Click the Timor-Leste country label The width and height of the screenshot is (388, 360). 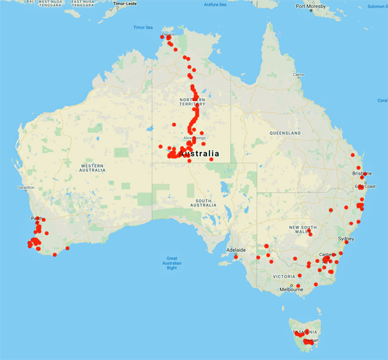coord(128,3)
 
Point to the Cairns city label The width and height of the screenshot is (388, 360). coord(297,75)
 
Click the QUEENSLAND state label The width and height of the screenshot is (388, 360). coord(282,133)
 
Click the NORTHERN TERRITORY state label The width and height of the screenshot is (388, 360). coord(192,102)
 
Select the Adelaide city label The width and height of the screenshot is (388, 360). coord(235,249)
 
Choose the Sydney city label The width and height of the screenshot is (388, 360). coord(347,239)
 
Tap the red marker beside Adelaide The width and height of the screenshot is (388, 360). coord(236,257)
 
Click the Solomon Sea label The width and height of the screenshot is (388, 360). coord(376,6)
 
